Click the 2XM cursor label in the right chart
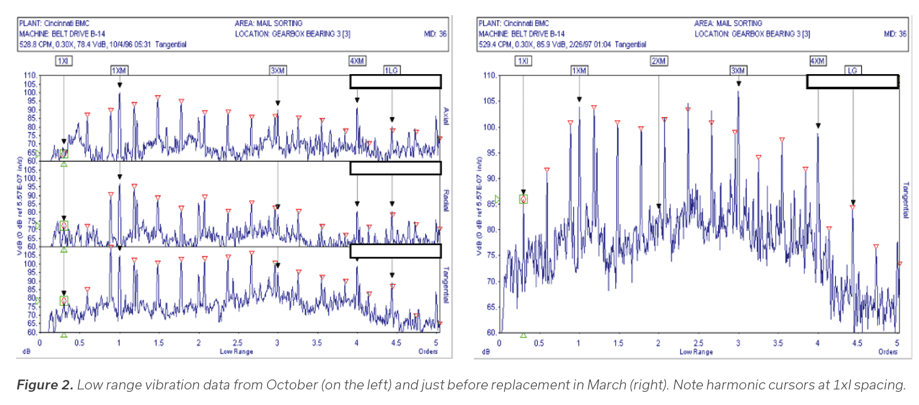coord(659,61)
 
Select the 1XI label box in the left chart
coord(63,61)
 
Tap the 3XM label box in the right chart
coord(738,71)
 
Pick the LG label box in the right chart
coord(852,70)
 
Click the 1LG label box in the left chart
coord(392,70)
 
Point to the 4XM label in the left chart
coord(357,61)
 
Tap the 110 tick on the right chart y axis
coord(489,76)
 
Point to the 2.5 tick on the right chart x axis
coord(698,343)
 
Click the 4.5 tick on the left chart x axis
coord(396,343)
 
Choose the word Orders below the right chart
coord(887,352)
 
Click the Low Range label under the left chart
coord(236,352)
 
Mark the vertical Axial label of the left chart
coord(446,116)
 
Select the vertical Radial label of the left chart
coord(446,201)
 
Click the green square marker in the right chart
coord(523,199)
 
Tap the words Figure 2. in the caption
coord(45,385)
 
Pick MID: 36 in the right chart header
coord(895,34)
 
